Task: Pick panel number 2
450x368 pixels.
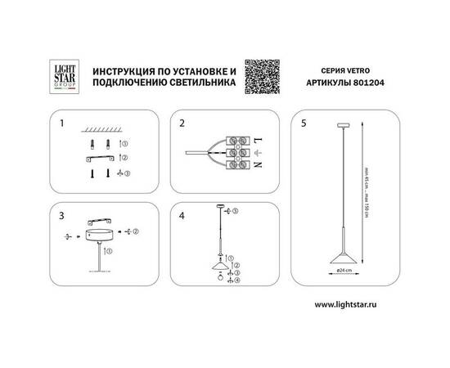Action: tap(182, 124)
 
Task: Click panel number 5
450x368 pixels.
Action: tap(305, 124)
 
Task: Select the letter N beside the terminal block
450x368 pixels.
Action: tap(259, 165)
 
